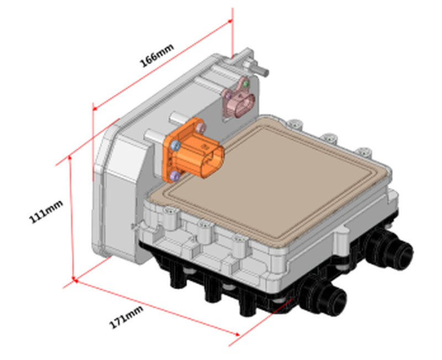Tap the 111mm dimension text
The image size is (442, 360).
46,211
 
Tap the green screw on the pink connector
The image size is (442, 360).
246,84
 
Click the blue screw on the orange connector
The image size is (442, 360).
175,145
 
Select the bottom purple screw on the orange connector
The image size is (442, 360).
175,175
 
